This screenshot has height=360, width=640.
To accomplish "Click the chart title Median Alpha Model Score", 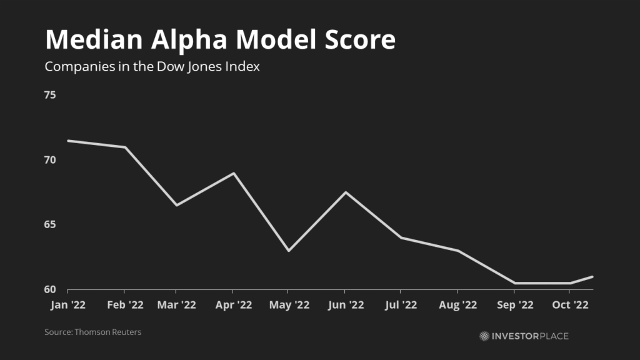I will click(x=220, y=40).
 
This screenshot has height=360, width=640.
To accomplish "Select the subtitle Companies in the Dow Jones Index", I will click(x=152, y=67).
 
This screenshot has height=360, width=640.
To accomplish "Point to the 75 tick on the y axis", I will click(x=50, y=95).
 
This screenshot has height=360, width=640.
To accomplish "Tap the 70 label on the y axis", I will click(x=50, y=160).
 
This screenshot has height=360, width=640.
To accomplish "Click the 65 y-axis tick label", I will click(x=50, y=225).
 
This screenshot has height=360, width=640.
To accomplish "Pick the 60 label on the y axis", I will click(x=50, y=289).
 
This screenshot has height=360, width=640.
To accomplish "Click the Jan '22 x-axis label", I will click(x=67, y=305).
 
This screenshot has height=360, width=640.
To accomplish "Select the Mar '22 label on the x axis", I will click(x=176, y=305).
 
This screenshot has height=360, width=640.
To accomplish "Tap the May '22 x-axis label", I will click(x=287, y=305).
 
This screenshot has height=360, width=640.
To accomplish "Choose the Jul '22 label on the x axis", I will click(x=400, y=305).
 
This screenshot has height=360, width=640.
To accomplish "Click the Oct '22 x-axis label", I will click(x=570, y=305).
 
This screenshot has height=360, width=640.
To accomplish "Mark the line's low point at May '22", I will click(x=288, y=251).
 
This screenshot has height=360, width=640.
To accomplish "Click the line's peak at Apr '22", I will click(x=234, y=173).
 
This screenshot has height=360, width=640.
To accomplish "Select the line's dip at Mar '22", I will click(x=176, y=205).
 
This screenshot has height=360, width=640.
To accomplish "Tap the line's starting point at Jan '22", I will click(x=67, y=141).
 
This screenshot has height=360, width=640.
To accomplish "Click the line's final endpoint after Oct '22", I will click(x=592, y=276).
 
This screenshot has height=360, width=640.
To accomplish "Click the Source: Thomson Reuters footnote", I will click(x=92, y=332).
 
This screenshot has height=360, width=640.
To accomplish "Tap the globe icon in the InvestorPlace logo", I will click(x=484, y=336).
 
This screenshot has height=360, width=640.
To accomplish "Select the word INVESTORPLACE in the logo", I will click(x=530, y=336).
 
